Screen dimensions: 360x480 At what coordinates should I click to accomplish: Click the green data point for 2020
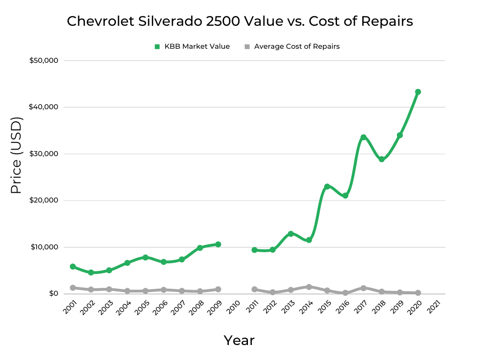click(418, 92)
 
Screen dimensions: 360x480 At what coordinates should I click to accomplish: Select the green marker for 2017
click(363, 137)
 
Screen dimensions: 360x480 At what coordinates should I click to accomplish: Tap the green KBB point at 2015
click(327, 187)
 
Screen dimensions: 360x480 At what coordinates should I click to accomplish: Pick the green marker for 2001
click(73, 267)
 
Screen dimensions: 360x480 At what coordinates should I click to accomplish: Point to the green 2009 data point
click(218, 244)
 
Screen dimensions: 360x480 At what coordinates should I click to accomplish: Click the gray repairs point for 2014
click(309, 287)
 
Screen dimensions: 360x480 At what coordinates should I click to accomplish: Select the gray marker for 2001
click(73, 288)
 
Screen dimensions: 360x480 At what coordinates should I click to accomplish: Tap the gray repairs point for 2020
click(418, 293)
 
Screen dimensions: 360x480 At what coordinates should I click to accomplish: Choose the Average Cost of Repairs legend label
click(296, 46)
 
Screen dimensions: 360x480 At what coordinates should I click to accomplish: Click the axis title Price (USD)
click(16, 156)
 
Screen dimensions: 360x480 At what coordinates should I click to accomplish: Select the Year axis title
click(239, 340)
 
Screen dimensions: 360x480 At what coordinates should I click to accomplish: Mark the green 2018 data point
click(382, 159)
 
